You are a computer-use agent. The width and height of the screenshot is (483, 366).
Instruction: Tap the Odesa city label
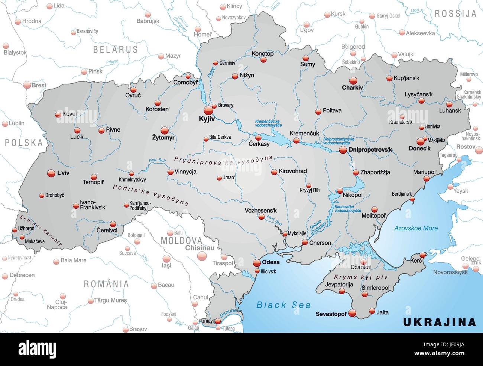(271, 262)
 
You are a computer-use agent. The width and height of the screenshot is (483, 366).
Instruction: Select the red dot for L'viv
(51, 173)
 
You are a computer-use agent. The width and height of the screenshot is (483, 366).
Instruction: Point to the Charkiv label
(352, 88)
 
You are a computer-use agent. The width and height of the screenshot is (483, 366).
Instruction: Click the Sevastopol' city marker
(352, 313)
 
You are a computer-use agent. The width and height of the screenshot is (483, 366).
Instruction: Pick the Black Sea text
(283, 305)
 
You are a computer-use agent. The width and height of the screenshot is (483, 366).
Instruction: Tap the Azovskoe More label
(416, 228)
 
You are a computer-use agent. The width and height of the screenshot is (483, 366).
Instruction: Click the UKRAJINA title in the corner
(440, 322)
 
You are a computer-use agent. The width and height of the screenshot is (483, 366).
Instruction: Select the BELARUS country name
(115, 49)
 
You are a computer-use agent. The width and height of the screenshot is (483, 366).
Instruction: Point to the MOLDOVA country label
(181, 241)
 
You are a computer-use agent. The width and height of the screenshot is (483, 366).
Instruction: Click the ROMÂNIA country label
(106, 284)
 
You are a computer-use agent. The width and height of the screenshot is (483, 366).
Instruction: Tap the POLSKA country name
(24, 142)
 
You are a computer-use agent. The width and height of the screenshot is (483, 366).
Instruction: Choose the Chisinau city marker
(202, 256)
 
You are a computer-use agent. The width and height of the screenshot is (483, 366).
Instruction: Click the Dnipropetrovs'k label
(370, 150)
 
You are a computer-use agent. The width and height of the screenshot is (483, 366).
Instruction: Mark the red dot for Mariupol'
(427, 179)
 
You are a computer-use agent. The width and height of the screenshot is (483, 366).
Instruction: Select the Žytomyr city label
(163, 138)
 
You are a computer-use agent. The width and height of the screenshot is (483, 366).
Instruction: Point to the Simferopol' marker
(365, 294)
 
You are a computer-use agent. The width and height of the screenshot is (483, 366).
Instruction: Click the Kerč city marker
(422, 255)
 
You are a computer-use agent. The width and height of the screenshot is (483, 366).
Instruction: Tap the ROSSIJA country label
(455, 14)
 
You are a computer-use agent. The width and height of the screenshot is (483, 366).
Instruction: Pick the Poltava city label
(332, 110)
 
